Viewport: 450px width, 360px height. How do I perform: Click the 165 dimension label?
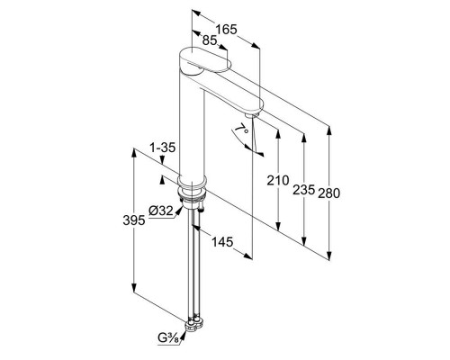pyautogui.click(x=227, y=30)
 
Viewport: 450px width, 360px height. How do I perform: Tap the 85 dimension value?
pyautogui.click(x=210, y=40)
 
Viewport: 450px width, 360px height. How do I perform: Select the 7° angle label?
pyautogui.click(x=242, y=130)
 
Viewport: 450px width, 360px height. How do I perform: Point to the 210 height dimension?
pyautogui.click(x=278, y=181)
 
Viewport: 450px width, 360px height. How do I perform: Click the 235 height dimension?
pyautogui.click(x=303, y=190)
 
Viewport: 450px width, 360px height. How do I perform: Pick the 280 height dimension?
pyautogui.click(x=329, y=193)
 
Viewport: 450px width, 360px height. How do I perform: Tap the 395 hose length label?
pyautogui.click(x=134, y=220)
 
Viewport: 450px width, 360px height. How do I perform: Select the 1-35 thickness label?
pyautogui.click(x=162, y=148)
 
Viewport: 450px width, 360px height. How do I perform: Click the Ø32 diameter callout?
pyautogui.click(x=161, y=211)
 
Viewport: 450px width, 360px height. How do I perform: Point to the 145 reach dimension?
pyautogui.click(x=222, y=242)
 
